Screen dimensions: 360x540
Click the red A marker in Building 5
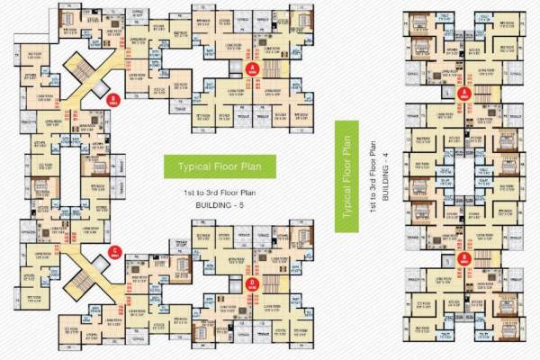point(253,67)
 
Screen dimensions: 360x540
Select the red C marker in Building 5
point(113,252)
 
